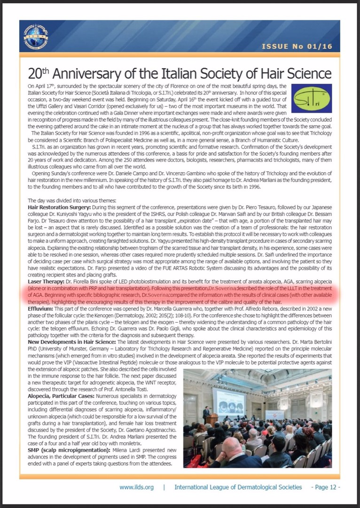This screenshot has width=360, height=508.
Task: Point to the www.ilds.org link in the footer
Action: pos(136,487)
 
